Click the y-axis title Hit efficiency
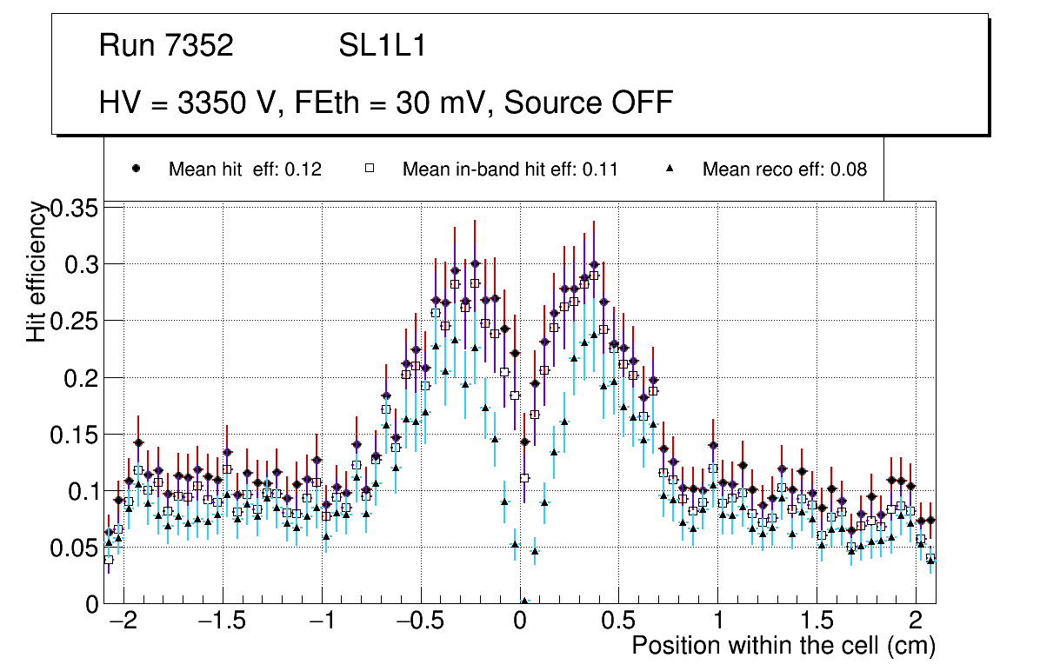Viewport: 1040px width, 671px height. [x=37, y=271]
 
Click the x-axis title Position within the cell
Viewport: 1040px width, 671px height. [x=783, y=646]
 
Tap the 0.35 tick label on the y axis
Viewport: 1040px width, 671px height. [x=76, y=209]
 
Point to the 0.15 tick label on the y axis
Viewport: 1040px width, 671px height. [x=76, y=435]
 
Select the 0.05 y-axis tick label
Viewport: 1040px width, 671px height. [x=76, y=548]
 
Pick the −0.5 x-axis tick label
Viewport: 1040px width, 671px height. [x=421, y=621]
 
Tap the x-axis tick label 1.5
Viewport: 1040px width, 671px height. [x=817, y=621]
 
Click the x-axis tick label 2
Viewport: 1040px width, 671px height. [x=916, y=621]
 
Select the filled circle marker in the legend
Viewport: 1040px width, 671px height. [x=136, y=169]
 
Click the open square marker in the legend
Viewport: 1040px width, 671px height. [x=369, y=169]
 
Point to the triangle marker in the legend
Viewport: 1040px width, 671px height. [x=670, y=169]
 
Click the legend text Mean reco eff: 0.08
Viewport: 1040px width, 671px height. [x=784, y=169]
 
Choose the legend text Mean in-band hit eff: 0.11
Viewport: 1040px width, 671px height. [x=510, y=169]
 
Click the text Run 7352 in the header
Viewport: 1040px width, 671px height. [x=166, y=46]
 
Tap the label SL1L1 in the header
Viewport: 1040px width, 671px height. [x=382, y=46]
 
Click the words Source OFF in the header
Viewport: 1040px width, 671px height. [x=589, y=103]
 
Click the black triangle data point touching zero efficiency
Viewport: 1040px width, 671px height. [x=524, y=601]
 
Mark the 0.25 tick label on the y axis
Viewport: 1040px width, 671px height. [x=76, y=321]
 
